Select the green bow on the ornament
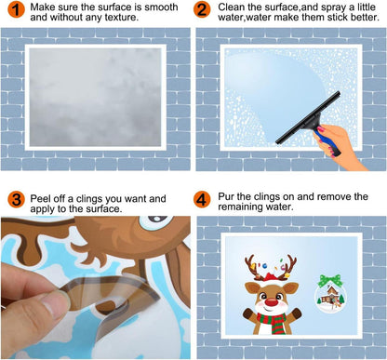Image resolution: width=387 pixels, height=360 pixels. (326, 280)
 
